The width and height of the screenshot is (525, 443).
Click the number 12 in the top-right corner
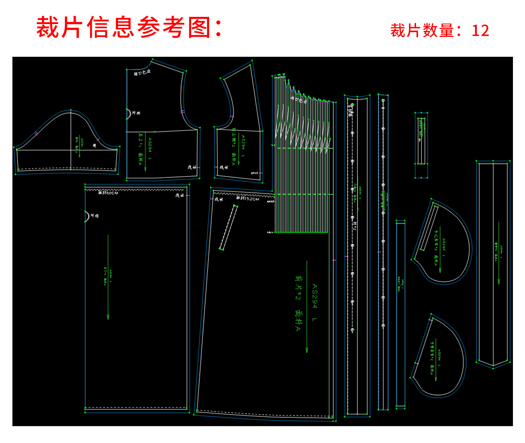480,31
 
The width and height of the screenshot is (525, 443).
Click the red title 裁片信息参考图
124,27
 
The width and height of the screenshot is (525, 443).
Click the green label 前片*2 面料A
298,303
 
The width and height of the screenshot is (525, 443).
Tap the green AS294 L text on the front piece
314,303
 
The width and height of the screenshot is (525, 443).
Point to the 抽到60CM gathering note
108,193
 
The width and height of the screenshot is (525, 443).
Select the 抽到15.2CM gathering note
248,198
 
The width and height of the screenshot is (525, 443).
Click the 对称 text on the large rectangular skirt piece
94,216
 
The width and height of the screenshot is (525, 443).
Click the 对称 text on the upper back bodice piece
136,113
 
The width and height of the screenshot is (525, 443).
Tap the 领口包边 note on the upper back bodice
142,72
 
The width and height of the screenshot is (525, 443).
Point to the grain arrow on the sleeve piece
79,146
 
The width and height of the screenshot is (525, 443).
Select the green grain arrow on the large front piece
307,306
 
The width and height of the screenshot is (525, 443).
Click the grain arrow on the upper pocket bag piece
440,249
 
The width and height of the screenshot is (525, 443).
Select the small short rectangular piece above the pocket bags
421,145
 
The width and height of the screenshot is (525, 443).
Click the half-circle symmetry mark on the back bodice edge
129,114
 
